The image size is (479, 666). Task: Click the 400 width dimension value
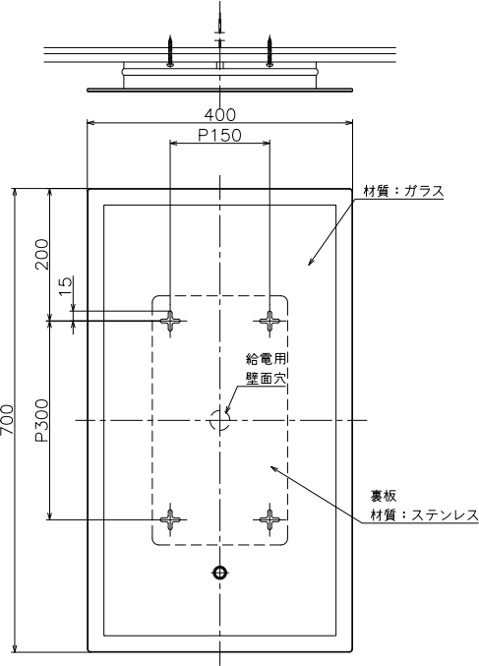pyautogui.click(x=220, y=115)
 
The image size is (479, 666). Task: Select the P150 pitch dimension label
pyautogui.click(x=220, y=136)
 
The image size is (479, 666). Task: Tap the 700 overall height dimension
pyautogui.click(x=7, y=420)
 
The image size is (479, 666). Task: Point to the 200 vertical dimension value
pyautogui.click(x=42, y=254)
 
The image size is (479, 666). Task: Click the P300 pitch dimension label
pyautogui.click(x=42, y=420)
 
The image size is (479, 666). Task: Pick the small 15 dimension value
pyautogui.click(x=66, y=286)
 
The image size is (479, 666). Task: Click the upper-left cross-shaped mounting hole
pyautogui.click(x=170, y=321)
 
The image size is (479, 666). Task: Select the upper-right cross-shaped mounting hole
pyautogui.click(x=269, y=321)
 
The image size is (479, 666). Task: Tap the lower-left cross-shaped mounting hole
pyautogui.click(x=170, y=519)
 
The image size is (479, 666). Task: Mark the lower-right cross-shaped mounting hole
pyautogui.click(x=269, y=519)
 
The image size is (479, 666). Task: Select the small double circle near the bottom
pyautogui.click(x=219, y=573)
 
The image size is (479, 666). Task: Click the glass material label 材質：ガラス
pyautogui.click(x=403, y=191)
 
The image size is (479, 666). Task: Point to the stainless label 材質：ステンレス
pyautogui.click(x=424, y=515)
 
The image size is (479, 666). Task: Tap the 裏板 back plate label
pyautogui.click(x=384, y=496)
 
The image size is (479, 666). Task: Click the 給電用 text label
pyautogui.click(x=266, y=358)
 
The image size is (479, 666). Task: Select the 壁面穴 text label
pyautogui.click(x=266, y=378)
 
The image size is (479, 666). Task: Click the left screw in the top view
pyautogui.click(x=170, y=51)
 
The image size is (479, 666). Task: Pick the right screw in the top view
pyautogui.click(x=269, y=51)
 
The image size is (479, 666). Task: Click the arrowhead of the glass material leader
pyautogui.click(x=311, y=262)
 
